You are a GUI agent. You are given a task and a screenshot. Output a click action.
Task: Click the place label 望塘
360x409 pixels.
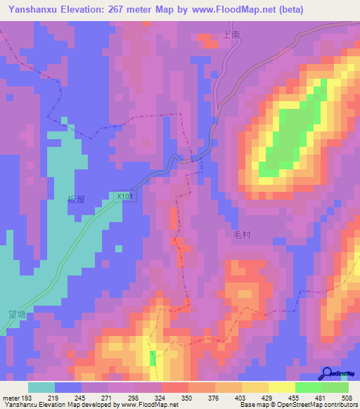(x=16, y=314)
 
